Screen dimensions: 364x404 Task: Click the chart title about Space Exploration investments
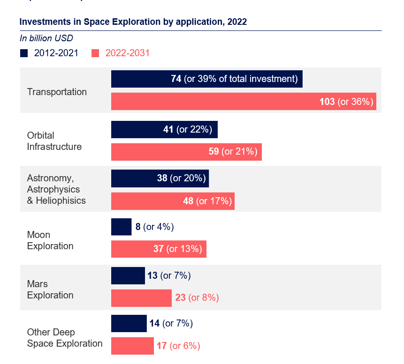coord(133,22)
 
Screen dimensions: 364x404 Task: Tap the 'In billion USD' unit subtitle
coord(46,38)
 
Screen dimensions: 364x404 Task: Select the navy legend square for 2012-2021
coord(24,53)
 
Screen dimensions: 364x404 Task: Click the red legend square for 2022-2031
coord(95,53)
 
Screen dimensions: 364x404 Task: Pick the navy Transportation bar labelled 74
coord(206,79)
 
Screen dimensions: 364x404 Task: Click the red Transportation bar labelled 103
coord(244,102)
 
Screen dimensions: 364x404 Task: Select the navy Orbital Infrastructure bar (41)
coord(164,129)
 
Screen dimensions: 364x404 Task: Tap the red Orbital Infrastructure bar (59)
coord(186,152)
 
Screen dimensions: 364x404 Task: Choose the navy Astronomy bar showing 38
coord(160,178)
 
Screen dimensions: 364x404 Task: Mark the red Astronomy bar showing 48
coord(173,201)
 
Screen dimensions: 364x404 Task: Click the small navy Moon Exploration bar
coord(121,227)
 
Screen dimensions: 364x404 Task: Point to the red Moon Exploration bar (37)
coord(159,249)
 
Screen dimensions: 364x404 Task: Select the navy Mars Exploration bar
coord(128,275)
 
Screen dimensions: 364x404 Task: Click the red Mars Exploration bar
coord(141,298)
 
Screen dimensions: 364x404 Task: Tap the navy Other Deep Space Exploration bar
coord(129,323)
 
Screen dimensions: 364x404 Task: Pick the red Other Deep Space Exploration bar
coord(132,346)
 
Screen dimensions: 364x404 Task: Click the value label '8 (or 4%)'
coord(154,227)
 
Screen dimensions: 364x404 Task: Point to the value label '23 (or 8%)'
coord(197,298)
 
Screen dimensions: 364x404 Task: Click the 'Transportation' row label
coord(57,92)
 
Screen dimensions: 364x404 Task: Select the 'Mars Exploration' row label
coord(50,290)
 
